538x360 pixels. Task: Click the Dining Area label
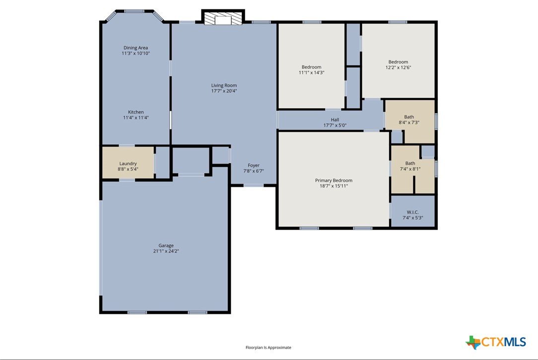(135, 48)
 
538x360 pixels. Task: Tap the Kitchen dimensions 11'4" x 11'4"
(136, 118)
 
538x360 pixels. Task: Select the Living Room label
(224, 85)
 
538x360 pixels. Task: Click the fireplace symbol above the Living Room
(223, 17)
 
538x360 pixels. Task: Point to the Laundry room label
(128, 164)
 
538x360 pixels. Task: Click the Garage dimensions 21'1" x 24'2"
(166, 251)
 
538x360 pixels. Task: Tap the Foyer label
(254, 165)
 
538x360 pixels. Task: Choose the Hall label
(335, 120)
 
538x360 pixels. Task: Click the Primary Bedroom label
(334, 181)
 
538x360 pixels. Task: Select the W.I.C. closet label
(413, 213)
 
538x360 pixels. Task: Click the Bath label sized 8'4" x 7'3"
(409, 117)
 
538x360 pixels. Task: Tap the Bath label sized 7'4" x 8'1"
(410, 163)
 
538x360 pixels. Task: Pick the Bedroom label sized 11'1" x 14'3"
(312, 67)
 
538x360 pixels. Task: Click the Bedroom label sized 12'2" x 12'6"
(399, 62)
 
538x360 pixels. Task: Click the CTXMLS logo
(496, 342)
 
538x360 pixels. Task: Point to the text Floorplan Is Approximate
(269, 348)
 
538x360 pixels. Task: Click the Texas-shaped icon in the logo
(473, 342)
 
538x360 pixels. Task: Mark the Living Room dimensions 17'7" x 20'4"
(224, 91)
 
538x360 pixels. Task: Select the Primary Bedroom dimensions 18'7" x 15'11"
(334, 186)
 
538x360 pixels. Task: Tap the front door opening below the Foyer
(254, 185)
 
